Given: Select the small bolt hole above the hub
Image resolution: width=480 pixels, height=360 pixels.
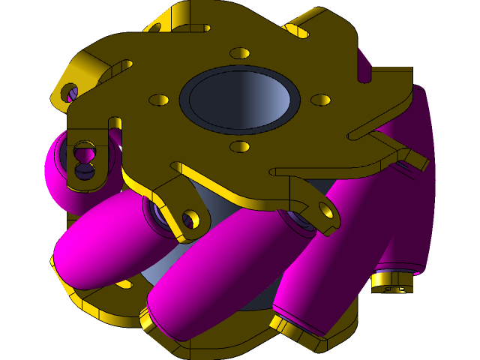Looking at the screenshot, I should point(240,54).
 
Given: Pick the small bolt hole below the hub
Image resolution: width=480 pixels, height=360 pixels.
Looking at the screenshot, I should point(240,146).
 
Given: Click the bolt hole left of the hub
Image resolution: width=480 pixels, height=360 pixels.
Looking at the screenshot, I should point(159,99).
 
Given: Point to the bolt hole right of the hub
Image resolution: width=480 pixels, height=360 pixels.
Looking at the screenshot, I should point(320,100).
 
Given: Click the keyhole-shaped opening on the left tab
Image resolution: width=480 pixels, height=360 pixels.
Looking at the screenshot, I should point(84,157).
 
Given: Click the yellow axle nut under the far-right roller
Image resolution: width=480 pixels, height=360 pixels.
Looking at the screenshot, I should point(390,282).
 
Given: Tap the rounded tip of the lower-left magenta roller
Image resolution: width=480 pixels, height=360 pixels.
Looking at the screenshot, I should point(67,259).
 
